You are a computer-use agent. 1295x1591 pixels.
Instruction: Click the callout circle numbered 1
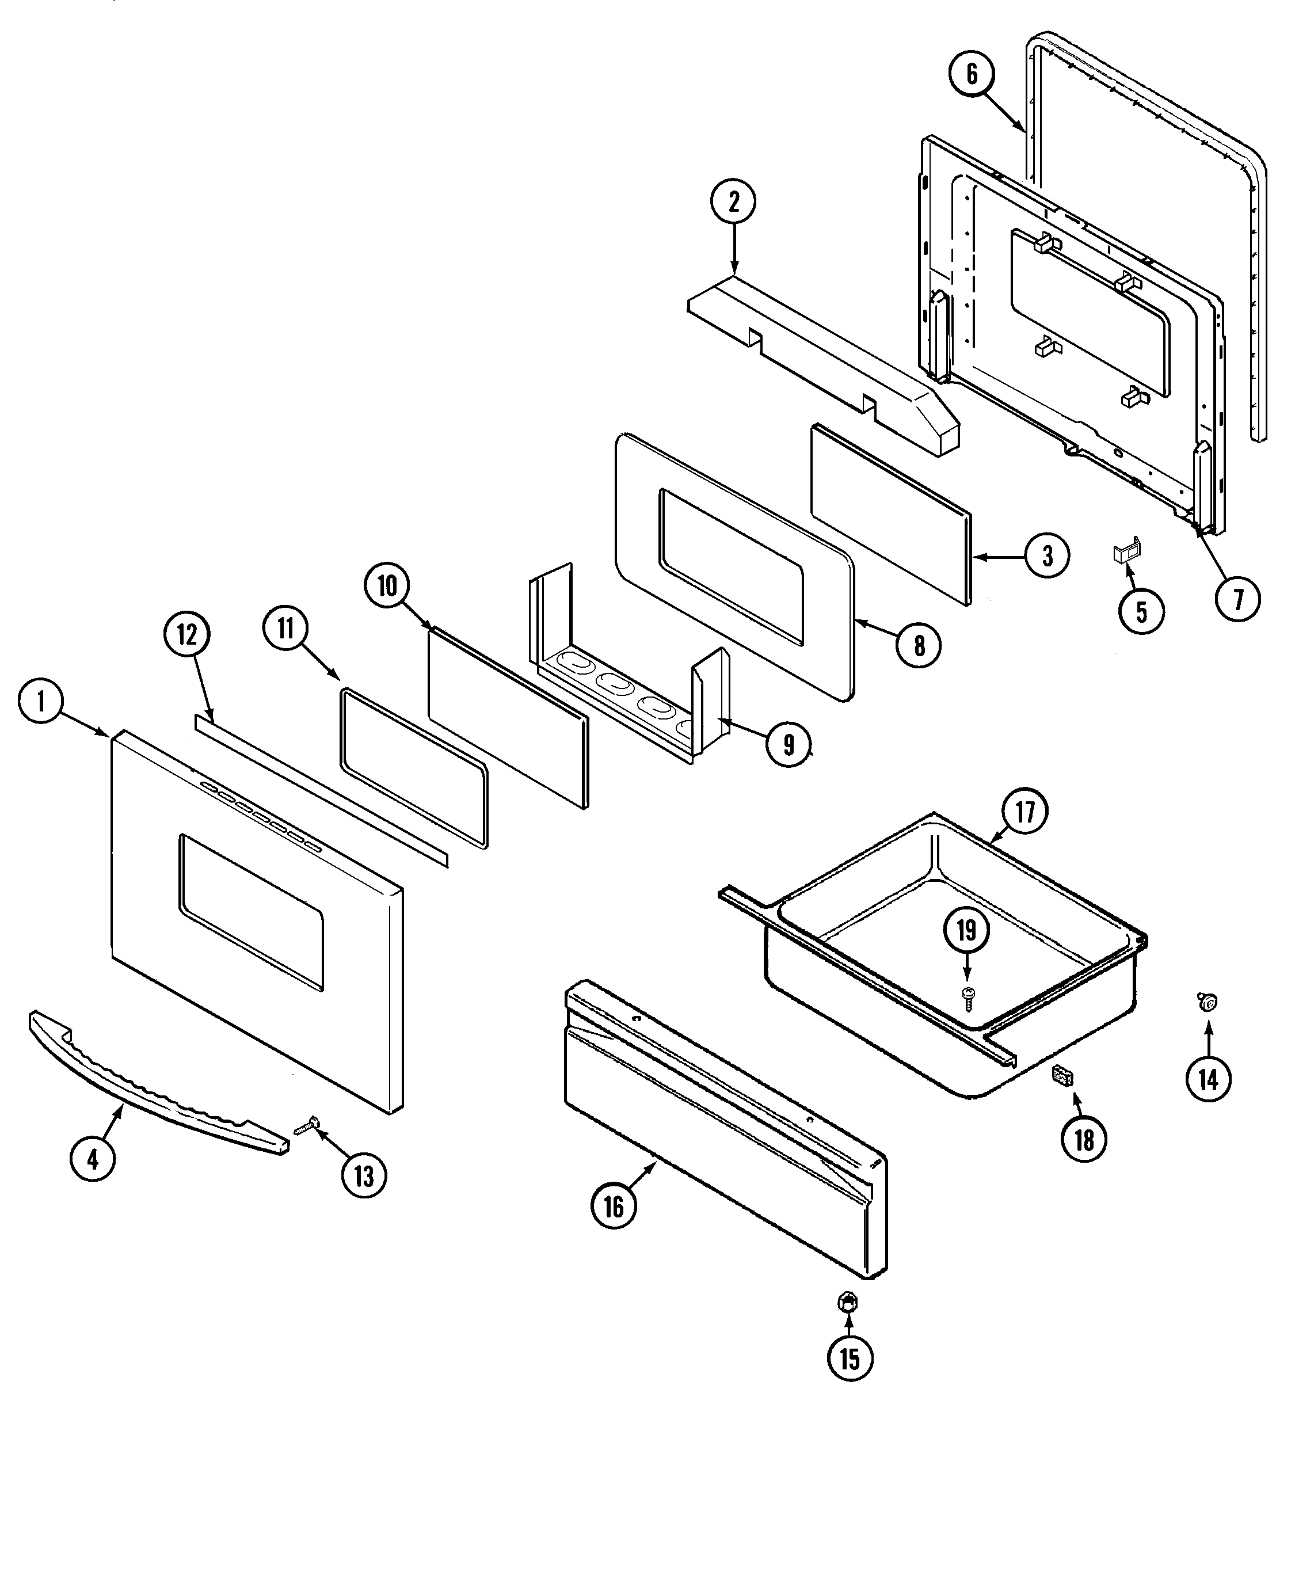(x=41, y=701)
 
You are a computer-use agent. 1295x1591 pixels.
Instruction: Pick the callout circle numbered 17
(x=1025, y=812)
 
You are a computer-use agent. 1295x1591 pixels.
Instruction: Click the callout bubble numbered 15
(x=850, y=1358)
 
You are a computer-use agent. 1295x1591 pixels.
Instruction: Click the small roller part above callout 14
(x=1206, y=1002)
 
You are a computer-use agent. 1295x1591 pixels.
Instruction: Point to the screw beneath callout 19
(x=968, y=996)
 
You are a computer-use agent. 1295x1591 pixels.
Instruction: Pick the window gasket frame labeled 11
(x=413, y=768)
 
